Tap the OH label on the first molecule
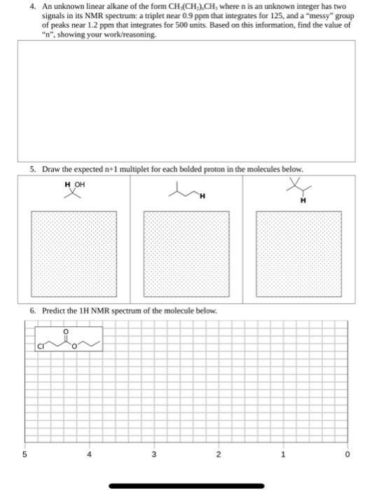coord(79,184)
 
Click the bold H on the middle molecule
coord(200,197)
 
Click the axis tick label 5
coord(24,453)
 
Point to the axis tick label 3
coord(153,453)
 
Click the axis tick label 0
coord(346,453)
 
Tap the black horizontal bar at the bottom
coord(186,484)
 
